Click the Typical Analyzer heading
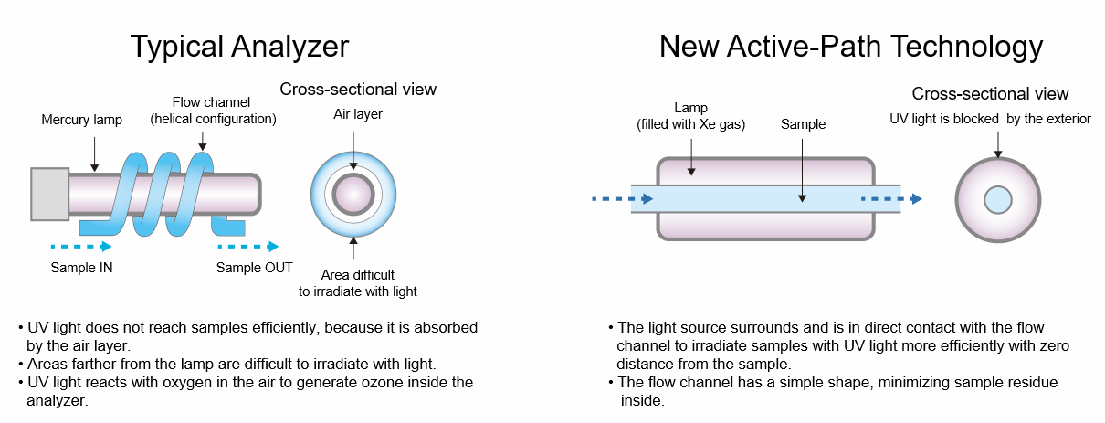(x=238, y=46)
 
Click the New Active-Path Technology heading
(x=851, y=46)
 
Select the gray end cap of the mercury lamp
(x=49, y=194)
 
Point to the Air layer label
(x=358, y=115)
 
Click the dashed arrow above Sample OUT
(x=247, y=246)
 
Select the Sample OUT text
(x=254, y=268)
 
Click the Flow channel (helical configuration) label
(x=214, y=111)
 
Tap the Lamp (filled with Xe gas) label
(x=691, y=117)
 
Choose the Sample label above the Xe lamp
(x=803, y=124)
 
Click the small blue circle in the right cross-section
(x=997, y=199)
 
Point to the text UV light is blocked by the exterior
(x=990, y=119)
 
